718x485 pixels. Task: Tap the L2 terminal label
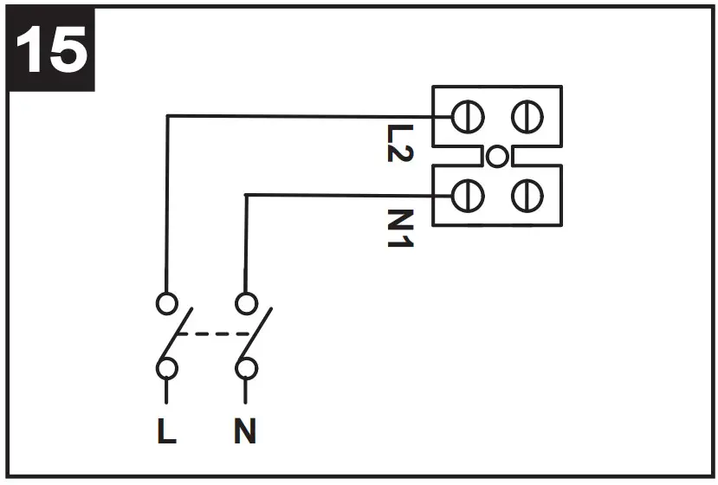click(401, 143)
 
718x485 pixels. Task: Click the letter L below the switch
click(168, 431)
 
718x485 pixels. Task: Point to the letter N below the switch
click(245, 431)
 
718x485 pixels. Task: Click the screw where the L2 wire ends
click(467, 116)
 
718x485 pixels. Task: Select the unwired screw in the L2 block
click(527, 116)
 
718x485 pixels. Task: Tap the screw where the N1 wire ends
click(467, 196)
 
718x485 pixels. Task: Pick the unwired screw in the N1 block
click(527, 196)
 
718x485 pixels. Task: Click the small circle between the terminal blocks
click(497, 157)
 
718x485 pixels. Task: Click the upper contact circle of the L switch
click(166, 303)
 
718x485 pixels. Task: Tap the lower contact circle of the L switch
click(166, 368)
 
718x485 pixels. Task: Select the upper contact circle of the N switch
click(247, 303)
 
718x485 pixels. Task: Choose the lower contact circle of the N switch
click(247, 368)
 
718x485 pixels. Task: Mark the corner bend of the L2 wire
click(166, 116)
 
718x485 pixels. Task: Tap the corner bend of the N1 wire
click(247, 196)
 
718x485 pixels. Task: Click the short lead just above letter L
click(166, 391)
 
